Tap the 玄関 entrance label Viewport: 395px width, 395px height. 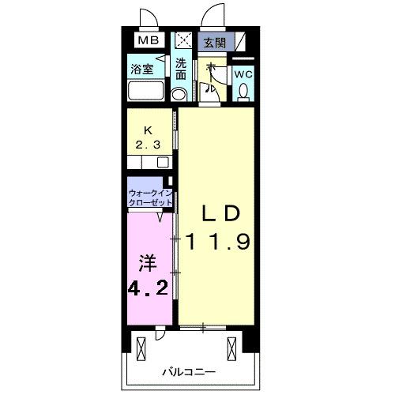213,42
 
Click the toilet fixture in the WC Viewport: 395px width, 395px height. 243,92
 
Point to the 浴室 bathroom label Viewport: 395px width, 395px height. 143,69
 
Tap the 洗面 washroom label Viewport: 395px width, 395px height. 182,70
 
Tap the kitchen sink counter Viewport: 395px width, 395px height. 149,162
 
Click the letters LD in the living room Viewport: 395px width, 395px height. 217,213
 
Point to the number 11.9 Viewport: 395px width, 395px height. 218,242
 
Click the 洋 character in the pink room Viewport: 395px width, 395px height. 144,261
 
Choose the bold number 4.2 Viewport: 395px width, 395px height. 148,286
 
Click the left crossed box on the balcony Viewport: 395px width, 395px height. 142,346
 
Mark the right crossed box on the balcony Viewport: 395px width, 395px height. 231,346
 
